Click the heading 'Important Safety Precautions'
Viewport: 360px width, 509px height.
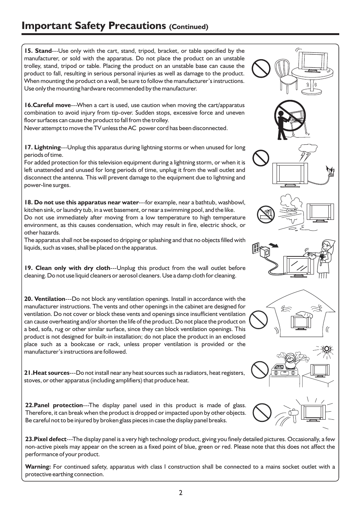coord(94,26)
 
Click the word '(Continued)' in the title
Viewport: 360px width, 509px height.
coord(189,27)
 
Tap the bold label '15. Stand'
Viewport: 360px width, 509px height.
coord(38,51)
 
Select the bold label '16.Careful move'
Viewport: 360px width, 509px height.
coord(48,105)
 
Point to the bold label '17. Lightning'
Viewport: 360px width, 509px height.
coord(42,147)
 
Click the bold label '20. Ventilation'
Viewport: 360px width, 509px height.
coord(45,299)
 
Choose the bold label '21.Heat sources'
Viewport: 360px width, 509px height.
coord(47,373)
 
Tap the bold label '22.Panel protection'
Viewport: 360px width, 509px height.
coord(54,405)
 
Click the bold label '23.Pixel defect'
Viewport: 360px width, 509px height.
coord(46,439)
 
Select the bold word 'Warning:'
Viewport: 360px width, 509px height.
coord(38,467)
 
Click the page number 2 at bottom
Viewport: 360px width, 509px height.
coord(181,492)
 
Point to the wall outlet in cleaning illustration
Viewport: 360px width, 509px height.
coord(257,248)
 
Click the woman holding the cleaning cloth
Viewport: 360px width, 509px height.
coord(325,258)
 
